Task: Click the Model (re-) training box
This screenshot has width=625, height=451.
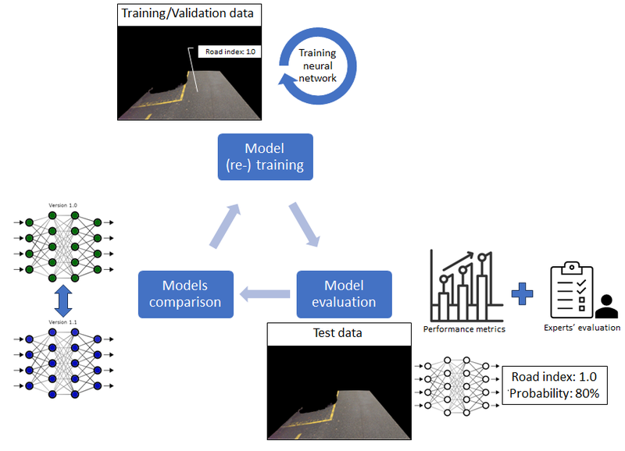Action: pyautogui.click(x=264, y=157)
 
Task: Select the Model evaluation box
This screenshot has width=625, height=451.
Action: pyautogui.click(x=343, y=294)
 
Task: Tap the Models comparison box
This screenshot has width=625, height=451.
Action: pyautogui.click(x=186, y=294)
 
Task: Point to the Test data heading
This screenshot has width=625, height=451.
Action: pyautogui.click(x=338, y=333)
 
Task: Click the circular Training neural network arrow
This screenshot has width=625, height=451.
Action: pyautogui.click(x=317, y=66)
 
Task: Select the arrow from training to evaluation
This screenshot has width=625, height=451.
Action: pyautogui.click(x=305, y=224)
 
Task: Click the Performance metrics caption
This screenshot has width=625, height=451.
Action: pyautogui.click(x=464, y=328)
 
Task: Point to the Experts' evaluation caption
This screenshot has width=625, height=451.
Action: pyautogui.click(x=582, y=328)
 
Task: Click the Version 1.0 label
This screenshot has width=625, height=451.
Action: pyautogui.click(x=63, y=204)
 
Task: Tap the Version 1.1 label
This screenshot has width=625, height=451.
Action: pyautogui.click(x=63, y=321)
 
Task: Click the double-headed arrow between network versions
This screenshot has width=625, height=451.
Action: pyautogui.click(x=64, y=300)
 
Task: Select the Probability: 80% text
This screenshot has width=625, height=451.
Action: pyautogui.click(x=555, y=393)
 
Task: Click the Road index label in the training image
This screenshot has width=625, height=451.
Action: pyautogui.click(x=230, y=51)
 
